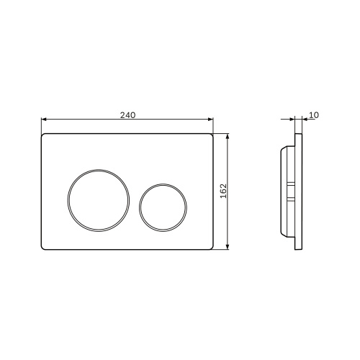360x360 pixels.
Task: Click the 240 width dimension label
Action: (x=127, y=115)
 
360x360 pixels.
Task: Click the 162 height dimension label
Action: (x=223, y=191)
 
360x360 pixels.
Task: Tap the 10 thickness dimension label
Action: (x=314, y=115)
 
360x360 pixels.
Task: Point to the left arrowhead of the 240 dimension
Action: (x=44, y=119)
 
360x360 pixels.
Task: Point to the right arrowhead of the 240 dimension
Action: (x=211, y=119)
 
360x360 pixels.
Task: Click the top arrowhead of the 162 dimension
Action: (x=228, y=136)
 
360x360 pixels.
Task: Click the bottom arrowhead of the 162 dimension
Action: (x=228, y=247)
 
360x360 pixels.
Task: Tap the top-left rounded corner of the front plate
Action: (x=42, y=135)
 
